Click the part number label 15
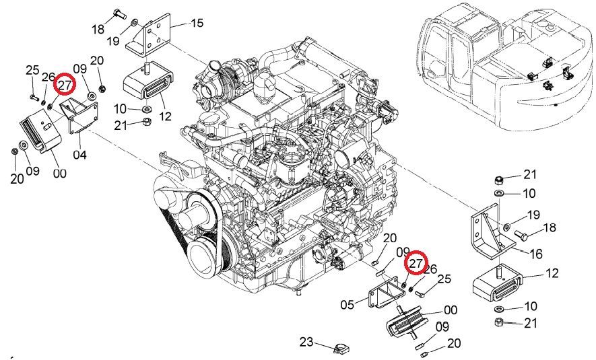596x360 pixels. point(197,23)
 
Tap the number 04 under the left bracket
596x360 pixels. point(80,155)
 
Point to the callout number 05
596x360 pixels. point(347,305)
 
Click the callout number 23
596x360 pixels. point(306,342)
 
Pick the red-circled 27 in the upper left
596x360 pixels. point(65,85)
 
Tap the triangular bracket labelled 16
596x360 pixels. point(492,231)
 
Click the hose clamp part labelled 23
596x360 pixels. point(341,348)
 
